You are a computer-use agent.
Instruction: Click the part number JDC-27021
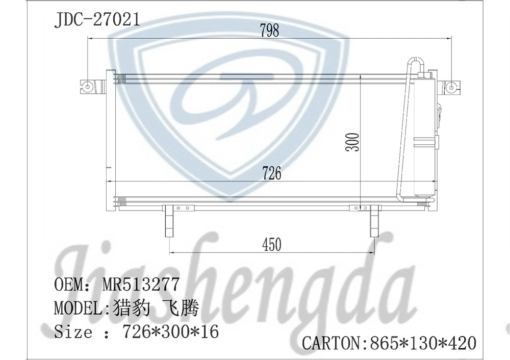pos(96,20)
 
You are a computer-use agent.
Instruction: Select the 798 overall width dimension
pos(269,31)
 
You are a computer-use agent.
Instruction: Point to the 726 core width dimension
pos(271,173)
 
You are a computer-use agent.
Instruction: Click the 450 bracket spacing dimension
pos(271,245)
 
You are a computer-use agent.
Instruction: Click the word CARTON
pos(330,342)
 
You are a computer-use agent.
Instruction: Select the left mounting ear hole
pos(88,86)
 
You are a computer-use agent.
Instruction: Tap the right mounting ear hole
pos(451,87)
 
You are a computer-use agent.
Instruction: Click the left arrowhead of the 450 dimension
pos(172,252)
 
